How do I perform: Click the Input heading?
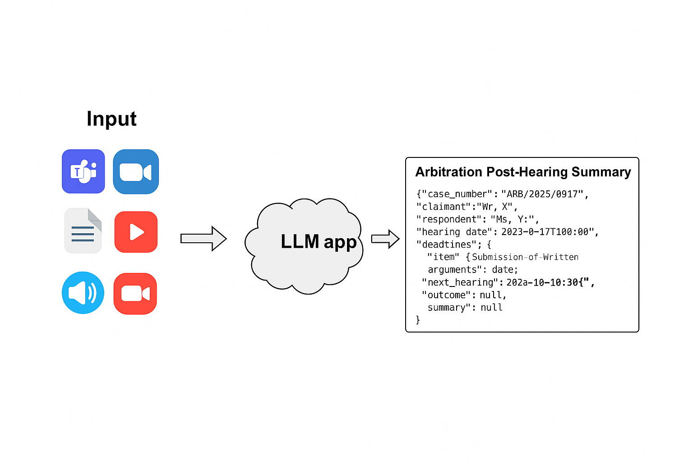pos(111,119)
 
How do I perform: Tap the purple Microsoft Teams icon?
pos(83,171)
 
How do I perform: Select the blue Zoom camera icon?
pos(136,172)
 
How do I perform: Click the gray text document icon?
pos(83,231)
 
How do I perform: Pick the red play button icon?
pos(136,232)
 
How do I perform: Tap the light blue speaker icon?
pos(83,293)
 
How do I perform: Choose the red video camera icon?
pos(135,294)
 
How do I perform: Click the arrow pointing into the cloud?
pos(203,239)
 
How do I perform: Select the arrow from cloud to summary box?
pos(385,239)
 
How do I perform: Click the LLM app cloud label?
pos(319,242)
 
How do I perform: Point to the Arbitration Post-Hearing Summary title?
pos(523,172)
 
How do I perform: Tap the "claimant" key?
pos(444,207)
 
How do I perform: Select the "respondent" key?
pos(449,219)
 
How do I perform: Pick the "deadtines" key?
pos(447,245)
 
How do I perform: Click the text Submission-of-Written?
pos(525,257)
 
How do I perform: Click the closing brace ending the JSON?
pos(418,320)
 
